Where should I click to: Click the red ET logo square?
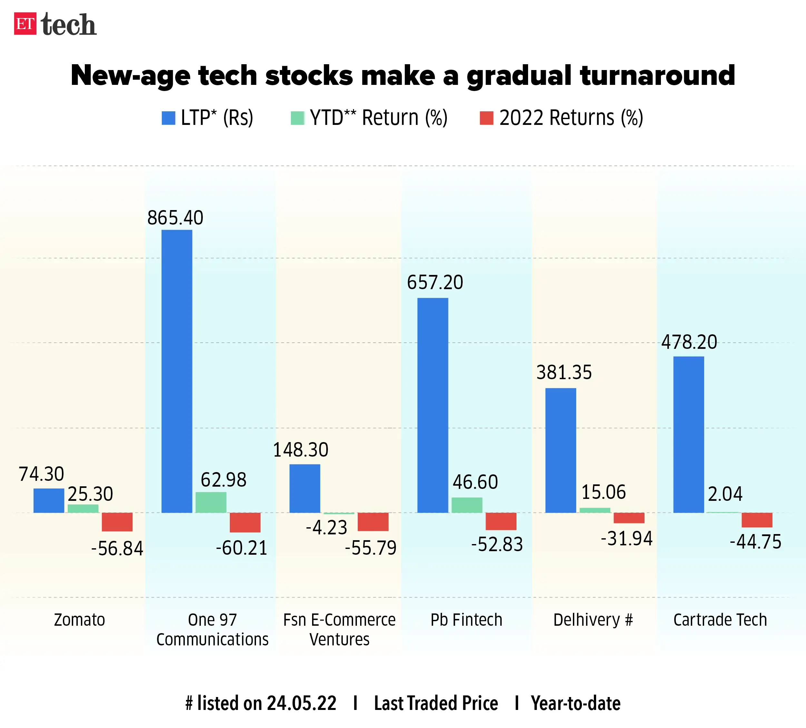(25, 24)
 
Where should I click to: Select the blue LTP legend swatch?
(168, 118)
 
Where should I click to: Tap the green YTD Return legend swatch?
(297, 118)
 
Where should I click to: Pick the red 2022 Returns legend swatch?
(486, 118)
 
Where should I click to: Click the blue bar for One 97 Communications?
(177, 371)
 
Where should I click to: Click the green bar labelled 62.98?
(211, 502)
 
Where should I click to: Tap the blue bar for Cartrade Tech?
(689, 434)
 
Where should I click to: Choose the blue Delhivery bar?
(561, 450)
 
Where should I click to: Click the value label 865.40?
(175, 218)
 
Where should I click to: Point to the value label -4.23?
(327, 528)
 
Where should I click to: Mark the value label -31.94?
(626, 538)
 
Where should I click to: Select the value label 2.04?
(725, 494)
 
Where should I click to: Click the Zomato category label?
(80, 620)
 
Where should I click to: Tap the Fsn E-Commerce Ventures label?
(339, 629)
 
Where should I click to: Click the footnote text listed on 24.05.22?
(261, 703)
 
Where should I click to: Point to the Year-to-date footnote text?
(575, 703)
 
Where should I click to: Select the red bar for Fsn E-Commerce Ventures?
(373, 521)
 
